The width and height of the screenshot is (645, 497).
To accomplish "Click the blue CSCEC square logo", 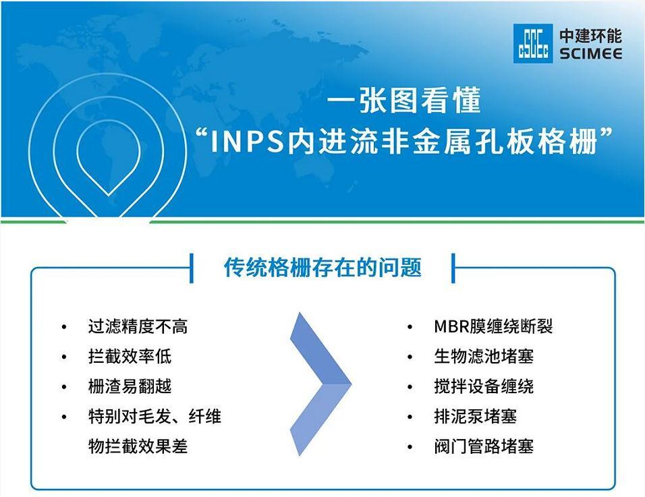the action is [533, 44].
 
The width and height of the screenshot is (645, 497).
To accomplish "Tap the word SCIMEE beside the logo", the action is [591, 54].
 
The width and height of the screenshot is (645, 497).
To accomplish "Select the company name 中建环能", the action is [591, 36].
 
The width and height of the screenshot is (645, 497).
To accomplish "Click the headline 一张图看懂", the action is [404, 100].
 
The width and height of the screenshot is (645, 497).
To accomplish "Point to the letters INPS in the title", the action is [247, 142].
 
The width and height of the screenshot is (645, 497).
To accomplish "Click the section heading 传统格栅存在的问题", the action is [323, 268].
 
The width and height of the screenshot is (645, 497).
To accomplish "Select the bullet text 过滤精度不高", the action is [138, 327].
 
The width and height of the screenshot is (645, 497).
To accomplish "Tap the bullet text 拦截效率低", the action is [130, 357].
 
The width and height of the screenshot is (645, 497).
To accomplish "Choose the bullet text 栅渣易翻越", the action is [130, 386].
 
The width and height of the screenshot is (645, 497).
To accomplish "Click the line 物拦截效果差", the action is [138, 446].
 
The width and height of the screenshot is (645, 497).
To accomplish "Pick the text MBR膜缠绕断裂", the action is [493, 326].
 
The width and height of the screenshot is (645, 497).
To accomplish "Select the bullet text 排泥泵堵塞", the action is [476, 417].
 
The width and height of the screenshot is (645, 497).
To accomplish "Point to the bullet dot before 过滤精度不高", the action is [64, 327].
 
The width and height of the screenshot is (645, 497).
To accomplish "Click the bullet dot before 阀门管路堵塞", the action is [410, 447].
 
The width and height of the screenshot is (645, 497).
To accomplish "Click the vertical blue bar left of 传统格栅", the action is [192, 268].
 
